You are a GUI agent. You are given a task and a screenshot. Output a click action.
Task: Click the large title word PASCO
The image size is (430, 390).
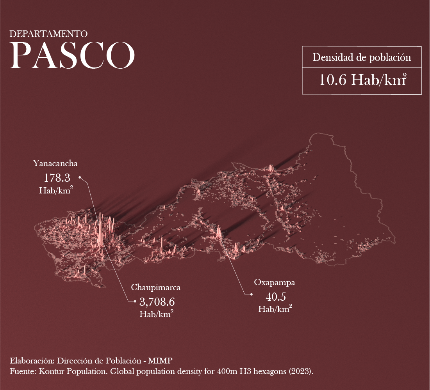[x=72, y=55]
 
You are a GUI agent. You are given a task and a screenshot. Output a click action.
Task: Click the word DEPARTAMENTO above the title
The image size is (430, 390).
[x=48, y=34]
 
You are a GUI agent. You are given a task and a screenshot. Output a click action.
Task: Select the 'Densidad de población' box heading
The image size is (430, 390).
[x=362, y=57]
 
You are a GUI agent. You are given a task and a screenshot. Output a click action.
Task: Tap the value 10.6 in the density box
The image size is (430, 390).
[x=333, y=80]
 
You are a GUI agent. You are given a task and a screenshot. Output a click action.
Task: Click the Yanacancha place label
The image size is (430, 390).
[x=55, y=163]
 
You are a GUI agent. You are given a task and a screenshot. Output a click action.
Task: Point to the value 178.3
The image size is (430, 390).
[x=57, y=178]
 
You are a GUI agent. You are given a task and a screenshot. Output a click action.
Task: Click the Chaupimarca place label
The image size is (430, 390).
[x=156, y=288]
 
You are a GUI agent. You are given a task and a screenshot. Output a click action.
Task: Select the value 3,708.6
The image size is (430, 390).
[x=157, y=302]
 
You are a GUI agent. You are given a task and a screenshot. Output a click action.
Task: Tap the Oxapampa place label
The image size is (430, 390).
[x=275, y=282]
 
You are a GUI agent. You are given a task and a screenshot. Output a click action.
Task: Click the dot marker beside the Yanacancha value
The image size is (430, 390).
[x=80, y=177]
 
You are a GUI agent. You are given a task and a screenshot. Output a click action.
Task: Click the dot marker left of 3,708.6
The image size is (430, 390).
[x=135, y=301]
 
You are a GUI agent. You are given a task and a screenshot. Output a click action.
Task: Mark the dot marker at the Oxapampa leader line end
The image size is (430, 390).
[x=252, y=294]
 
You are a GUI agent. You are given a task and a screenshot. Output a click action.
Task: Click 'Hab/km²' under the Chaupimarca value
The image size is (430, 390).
[x=156, y=314]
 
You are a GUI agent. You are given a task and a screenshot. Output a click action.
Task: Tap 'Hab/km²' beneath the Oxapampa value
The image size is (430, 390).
[x=275, y=309]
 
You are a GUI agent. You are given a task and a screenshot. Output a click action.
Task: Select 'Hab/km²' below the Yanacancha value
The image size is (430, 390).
[x=56, y=191]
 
